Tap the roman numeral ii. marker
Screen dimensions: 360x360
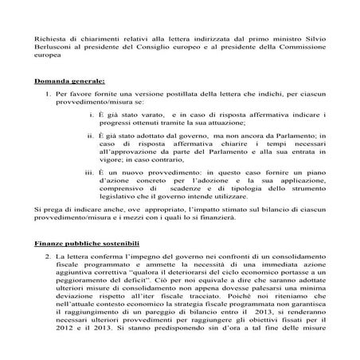(90, 137)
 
